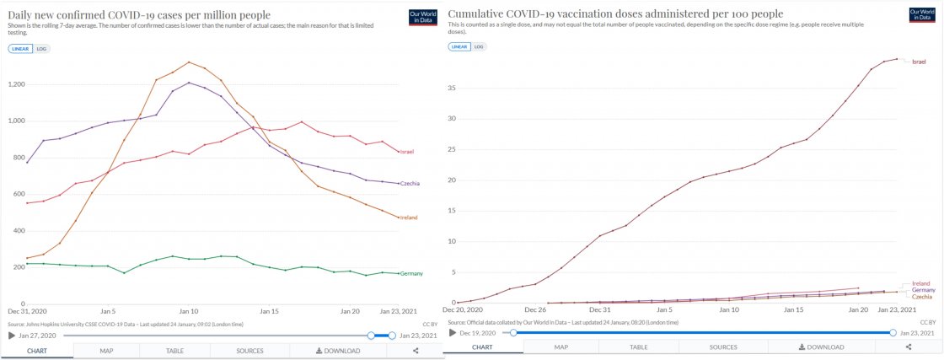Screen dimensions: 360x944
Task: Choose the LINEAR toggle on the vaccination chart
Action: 459,46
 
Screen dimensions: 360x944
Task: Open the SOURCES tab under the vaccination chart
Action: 723,347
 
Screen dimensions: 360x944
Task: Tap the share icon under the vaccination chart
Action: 909,347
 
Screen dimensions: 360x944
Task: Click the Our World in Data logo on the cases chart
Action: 422,17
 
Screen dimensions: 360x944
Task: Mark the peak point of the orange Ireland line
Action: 189,62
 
